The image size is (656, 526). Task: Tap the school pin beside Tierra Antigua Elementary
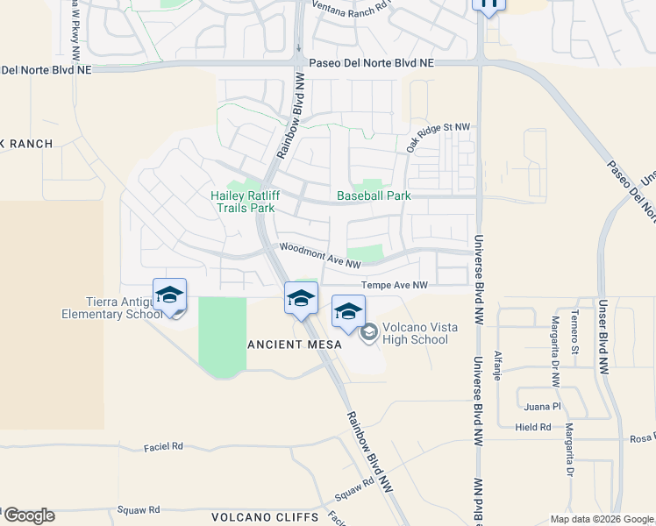point(169,295)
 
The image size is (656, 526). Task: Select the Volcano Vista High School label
point(415,333)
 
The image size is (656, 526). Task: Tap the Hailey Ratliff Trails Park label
point(243,202)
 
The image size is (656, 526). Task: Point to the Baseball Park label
point(374,196)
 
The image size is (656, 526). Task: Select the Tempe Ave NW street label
point(395,286)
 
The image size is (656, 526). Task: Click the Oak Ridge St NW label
point(438,135)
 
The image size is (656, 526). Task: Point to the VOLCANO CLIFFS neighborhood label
point(253,516)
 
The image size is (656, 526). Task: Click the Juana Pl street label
point(543,407)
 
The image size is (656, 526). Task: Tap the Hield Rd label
point(533,427)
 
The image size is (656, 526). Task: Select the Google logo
point(29,515)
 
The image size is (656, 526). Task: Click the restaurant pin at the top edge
point(488,4)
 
